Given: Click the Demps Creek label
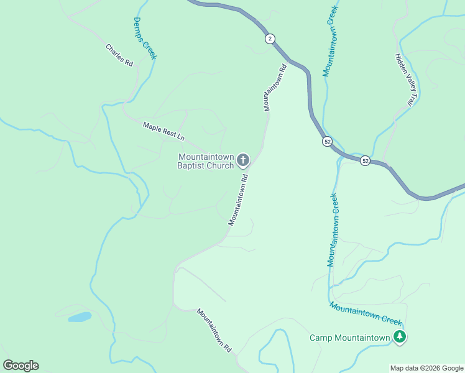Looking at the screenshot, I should (145, 39).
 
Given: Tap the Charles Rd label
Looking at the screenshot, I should (119, 55).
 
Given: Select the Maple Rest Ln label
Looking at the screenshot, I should (164, 131).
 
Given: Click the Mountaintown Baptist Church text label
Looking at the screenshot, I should (206, 161).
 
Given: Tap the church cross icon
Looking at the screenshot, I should (242, 161).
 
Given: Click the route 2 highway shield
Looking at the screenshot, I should (269, 39).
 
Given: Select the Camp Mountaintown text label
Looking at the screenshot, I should (350, 338).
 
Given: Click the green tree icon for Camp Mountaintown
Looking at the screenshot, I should (400, 338).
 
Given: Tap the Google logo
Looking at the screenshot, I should (21, 366).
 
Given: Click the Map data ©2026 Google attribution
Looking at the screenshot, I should (427, 368).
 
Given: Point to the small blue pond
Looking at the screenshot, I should (80, 317).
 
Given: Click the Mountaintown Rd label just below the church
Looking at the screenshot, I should (238, 199).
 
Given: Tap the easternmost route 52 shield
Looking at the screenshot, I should (365, 160).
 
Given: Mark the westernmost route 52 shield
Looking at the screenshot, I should (327, 142).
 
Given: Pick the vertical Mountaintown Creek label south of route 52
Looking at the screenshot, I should (333, 230).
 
